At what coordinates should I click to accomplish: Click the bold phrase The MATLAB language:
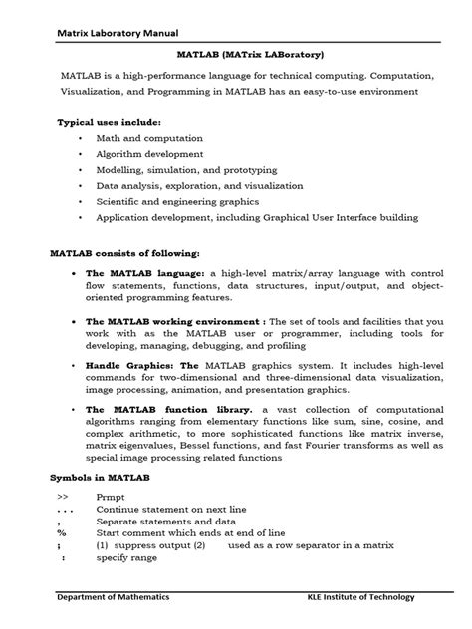point(144,272)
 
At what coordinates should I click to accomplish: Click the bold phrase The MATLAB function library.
point(168,409)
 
